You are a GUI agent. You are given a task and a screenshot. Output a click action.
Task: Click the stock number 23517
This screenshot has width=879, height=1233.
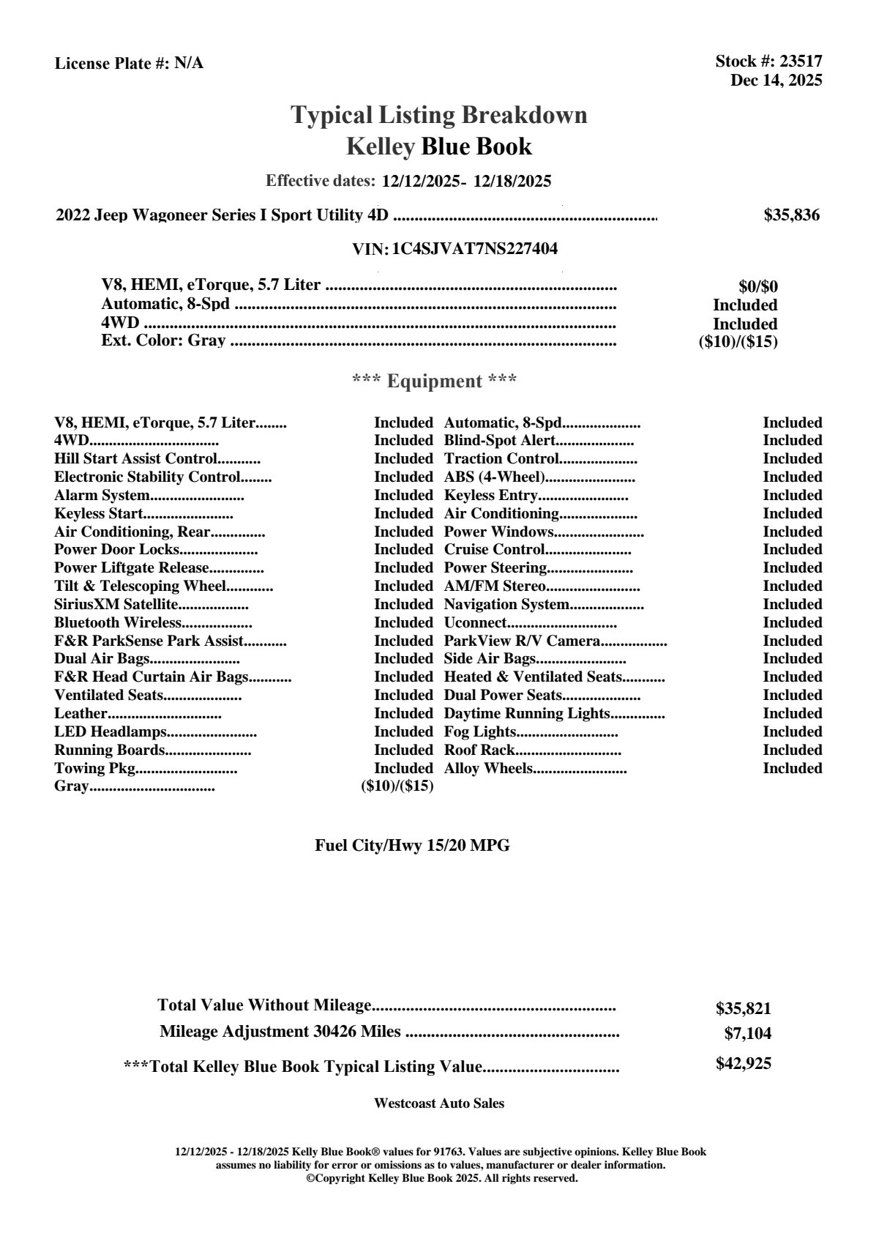799,62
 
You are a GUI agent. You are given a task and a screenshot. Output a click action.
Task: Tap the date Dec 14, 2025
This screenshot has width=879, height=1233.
776,80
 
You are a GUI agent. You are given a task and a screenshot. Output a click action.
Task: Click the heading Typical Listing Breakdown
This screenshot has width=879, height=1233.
439,115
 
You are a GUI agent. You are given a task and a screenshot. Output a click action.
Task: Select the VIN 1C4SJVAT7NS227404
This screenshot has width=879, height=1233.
474,249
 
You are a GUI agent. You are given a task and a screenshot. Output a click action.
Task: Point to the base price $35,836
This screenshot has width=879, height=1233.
791,215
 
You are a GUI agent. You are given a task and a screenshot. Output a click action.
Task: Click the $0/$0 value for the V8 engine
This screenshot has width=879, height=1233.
758,287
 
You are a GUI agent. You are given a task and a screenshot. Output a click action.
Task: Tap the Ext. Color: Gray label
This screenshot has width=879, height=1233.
163,340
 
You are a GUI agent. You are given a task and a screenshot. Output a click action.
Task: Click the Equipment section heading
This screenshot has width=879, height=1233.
434,381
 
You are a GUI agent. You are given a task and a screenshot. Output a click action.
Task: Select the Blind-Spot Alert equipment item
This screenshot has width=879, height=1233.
500,441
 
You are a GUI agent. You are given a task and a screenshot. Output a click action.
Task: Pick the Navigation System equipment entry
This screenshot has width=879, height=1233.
506,605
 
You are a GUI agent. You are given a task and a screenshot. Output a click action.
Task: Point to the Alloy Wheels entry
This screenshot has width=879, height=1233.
488,769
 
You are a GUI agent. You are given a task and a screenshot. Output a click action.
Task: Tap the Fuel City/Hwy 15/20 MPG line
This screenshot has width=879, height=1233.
412,846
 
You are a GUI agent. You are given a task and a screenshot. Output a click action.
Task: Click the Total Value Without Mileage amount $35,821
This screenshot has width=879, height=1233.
743,1009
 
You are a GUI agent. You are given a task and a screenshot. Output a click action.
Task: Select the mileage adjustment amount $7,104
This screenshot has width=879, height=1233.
747,1034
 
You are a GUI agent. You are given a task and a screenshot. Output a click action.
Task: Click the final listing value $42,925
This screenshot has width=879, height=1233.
743,1064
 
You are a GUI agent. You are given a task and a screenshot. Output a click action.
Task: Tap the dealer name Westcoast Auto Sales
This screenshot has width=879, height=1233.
438,1103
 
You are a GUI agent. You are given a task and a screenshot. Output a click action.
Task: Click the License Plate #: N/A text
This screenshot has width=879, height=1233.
129,64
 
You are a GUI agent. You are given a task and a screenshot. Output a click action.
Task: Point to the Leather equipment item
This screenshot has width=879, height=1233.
81,714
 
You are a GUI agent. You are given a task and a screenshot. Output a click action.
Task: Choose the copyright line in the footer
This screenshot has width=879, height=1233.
442,1179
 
